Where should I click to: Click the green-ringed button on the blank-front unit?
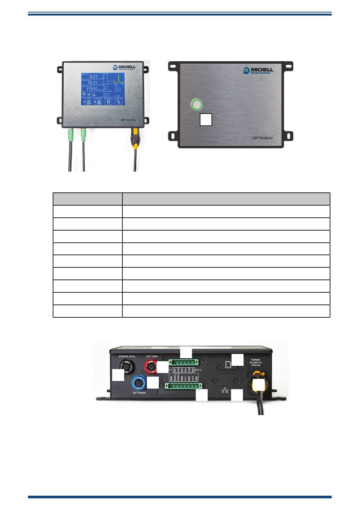point(197,105)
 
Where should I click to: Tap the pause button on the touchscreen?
point(108,101)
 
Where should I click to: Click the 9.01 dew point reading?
point(93,77)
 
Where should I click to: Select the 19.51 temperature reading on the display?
point(92,83)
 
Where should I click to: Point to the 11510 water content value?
point(92,89)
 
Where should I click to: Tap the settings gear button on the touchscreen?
point(118,101)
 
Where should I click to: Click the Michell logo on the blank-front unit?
point(258,70)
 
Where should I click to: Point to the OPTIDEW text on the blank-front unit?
point(262,138)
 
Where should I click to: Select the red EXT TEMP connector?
point(151,366)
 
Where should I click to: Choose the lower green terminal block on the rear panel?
point(183,386)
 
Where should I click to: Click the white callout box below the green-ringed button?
point(206,119)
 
